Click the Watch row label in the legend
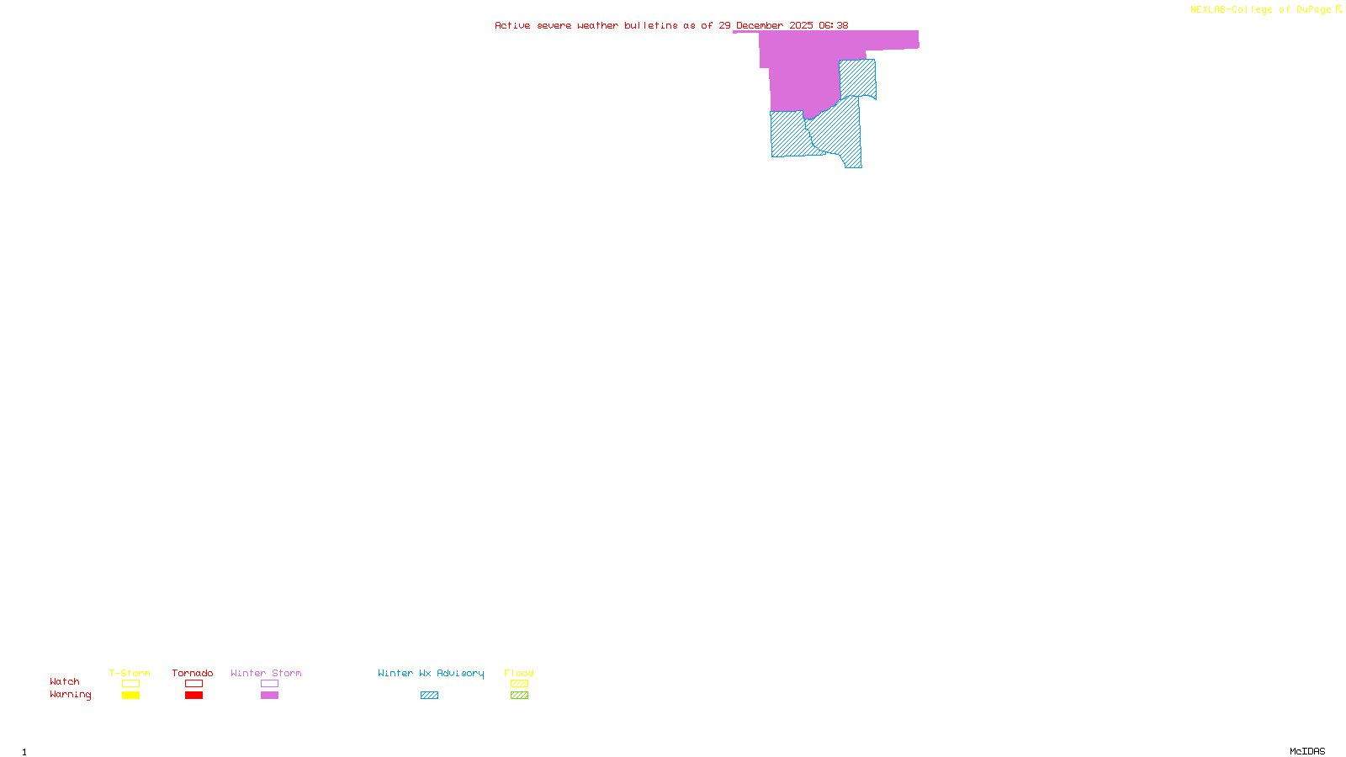pos(65,682)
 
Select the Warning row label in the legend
pos(71,695)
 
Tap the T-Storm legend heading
pos(130,673)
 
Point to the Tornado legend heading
pos(193,673)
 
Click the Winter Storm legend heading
pos(266,673)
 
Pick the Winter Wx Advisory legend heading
pos(431,673)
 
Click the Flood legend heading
pos(519,673)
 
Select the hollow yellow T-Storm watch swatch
pos(130,684)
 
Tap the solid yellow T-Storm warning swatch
pos(130,696)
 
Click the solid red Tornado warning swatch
pos(194,696)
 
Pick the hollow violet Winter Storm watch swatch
pos(269,684)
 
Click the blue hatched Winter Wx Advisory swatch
pos(429,696)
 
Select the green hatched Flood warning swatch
pos(519,696)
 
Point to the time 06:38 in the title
pos(834,26)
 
